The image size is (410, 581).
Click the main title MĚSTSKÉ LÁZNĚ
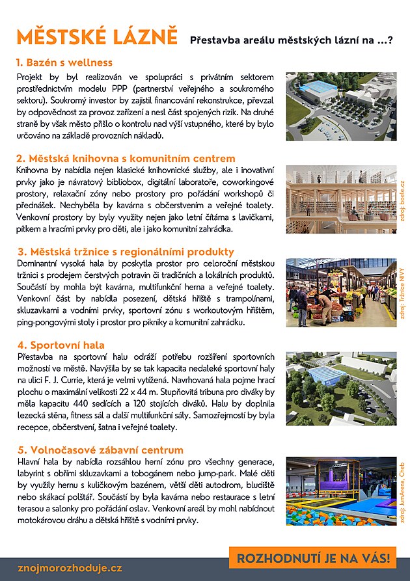(97, 36)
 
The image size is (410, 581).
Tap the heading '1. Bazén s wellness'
(64, 63)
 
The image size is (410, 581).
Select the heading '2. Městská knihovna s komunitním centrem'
(126, 158)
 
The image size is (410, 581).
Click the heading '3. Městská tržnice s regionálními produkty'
(125, 252)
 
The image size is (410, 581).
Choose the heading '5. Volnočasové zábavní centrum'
(100, 450)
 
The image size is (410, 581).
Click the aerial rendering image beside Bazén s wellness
(341, 106)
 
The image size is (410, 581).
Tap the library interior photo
(341, 200)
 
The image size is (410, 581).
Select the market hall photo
(341, 293)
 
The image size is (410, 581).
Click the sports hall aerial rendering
(341, 389)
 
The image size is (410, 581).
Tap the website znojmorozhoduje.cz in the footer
(70, 568)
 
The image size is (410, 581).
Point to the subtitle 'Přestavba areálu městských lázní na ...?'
(291, 40)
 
